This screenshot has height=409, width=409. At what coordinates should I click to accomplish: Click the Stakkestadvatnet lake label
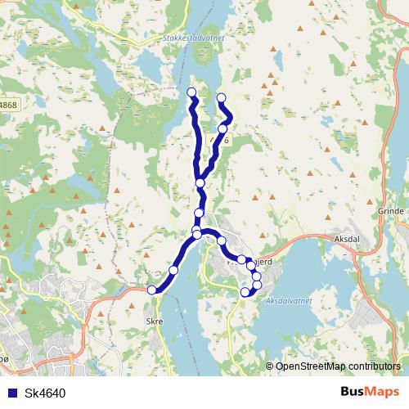pyautogui.click(x=182, y=36)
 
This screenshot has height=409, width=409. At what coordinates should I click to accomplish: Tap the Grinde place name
pyautogui.click(x=393, y=211)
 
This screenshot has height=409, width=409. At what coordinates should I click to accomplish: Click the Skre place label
pyautogui.click(x=154, y=321)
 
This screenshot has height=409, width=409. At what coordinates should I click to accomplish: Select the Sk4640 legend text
pyautogui.click(x=45, y=393)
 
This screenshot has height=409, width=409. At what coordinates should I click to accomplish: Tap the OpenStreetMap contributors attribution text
pyautogui.click(x=337, y=366)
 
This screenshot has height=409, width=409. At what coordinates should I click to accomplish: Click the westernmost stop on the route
pyautogui.click(x=151, y=290)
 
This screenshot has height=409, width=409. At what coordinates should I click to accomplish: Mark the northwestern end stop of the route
pyautogui.click(x=191, y=92)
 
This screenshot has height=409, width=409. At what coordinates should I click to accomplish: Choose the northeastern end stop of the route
pyautogui.click(x=221, y=99)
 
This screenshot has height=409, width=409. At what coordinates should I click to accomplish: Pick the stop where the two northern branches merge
pyautogui.click(x=200, y=182)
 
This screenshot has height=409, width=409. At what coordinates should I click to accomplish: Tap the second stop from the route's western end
pyautogui.click(x=173, y=270)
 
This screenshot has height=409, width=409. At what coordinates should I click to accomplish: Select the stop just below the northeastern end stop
pyautogui.click(x=222, y=128)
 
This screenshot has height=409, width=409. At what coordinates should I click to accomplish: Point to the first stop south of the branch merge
pyautogui.click(x=199, y=213)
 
